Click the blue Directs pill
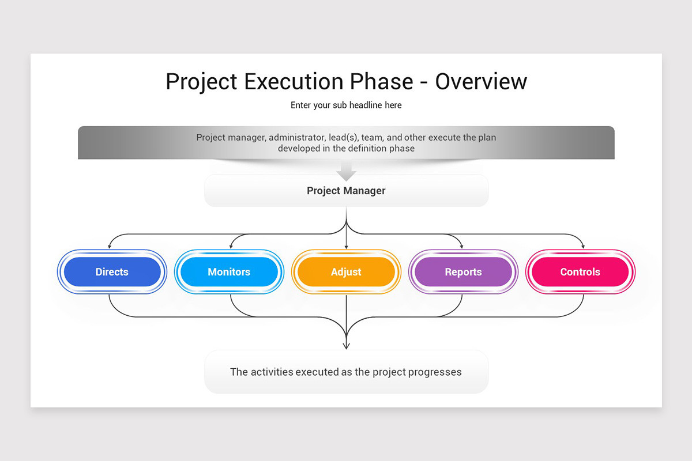112,272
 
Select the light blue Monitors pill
229,272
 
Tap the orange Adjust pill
346,272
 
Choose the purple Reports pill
463,272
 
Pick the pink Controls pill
580,272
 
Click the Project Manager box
346,191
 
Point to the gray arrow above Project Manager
346,171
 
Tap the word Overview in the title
481,82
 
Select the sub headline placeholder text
346,105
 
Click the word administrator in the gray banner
293,138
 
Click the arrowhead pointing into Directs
110,247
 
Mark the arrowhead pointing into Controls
583,247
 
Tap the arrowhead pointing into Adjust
346,247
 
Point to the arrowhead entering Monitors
231,247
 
